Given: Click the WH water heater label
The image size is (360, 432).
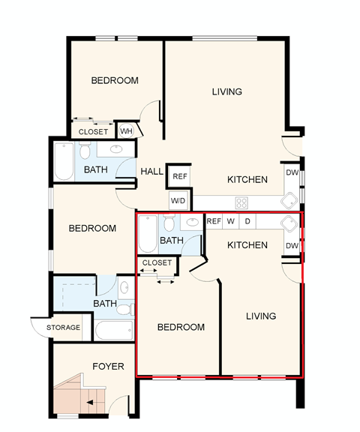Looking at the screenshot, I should click(x=126, y=130).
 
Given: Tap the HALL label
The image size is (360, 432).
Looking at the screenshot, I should click(x=152, y=172).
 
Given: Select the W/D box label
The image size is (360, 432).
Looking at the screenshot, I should click(x=178, y=201).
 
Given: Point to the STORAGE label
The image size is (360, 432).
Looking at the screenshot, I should click(x=63, y=328).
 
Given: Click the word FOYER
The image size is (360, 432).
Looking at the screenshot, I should click(x=108, y=367).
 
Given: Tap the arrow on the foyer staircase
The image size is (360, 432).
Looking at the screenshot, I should click(x=90, y=403).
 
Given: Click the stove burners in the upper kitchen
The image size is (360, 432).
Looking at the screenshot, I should click(x=242, y=202).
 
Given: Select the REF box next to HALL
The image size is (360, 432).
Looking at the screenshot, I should click(x=180, y=177).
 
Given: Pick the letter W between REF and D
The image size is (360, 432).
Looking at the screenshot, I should click(x=231, y=221).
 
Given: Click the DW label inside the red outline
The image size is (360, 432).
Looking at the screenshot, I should click(x=292, y=246).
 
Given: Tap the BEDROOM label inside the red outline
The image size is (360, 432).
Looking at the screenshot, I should click(x=181, y=328).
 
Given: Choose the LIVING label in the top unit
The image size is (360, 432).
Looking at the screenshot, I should click(x=226, y=92).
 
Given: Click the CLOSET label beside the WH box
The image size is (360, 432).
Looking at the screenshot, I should click(x=94, y=131).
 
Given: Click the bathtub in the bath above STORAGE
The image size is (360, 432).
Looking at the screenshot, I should click(x=112, y=330).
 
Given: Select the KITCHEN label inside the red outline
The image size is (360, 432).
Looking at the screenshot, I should click(x=247, y=245).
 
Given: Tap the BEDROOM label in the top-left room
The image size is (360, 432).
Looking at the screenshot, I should click(x=115, y=81).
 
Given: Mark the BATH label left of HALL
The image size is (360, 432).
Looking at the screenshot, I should click(x=95, y=170).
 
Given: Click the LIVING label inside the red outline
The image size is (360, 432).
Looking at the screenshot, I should click(x=261, y=316).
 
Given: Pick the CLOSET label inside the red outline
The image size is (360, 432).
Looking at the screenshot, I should click(x=157, y=263).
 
